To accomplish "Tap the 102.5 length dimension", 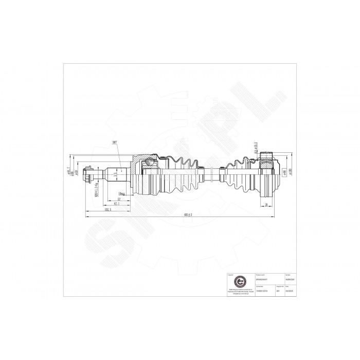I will coord(107,210).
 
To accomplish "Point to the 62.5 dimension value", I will coord(117,204).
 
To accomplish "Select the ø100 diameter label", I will coord(291,171).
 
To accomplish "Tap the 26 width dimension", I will coord(267,205).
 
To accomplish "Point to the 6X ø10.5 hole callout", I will coord(255,148).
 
